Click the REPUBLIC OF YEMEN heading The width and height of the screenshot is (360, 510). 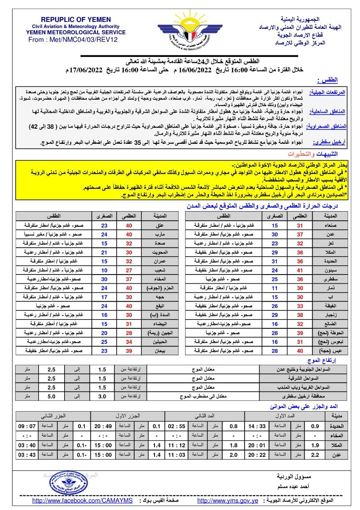(76, 20)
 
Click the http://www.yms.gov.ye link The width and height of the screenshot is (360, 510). (228, 500)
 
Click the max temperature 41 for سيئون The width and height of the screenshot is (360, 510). (302, 269)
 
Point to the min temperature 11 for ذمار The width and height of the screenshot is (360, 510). (275, 288)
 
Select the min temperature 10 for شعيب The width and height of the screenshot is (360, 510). (104, 269)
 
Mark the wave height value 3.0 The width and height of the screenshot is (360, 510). (102, 397)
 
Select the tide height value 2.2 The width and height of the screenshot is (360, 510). (315, 454)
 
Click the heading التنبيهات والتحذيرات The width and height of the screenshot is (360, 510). (315, 154)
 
